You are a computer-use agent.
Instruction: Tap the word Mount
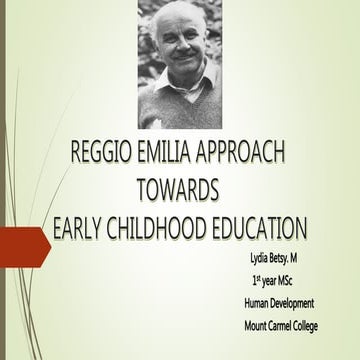tap(258, 324)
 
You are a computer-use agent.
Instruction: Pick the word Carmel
tap(289, 324)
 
